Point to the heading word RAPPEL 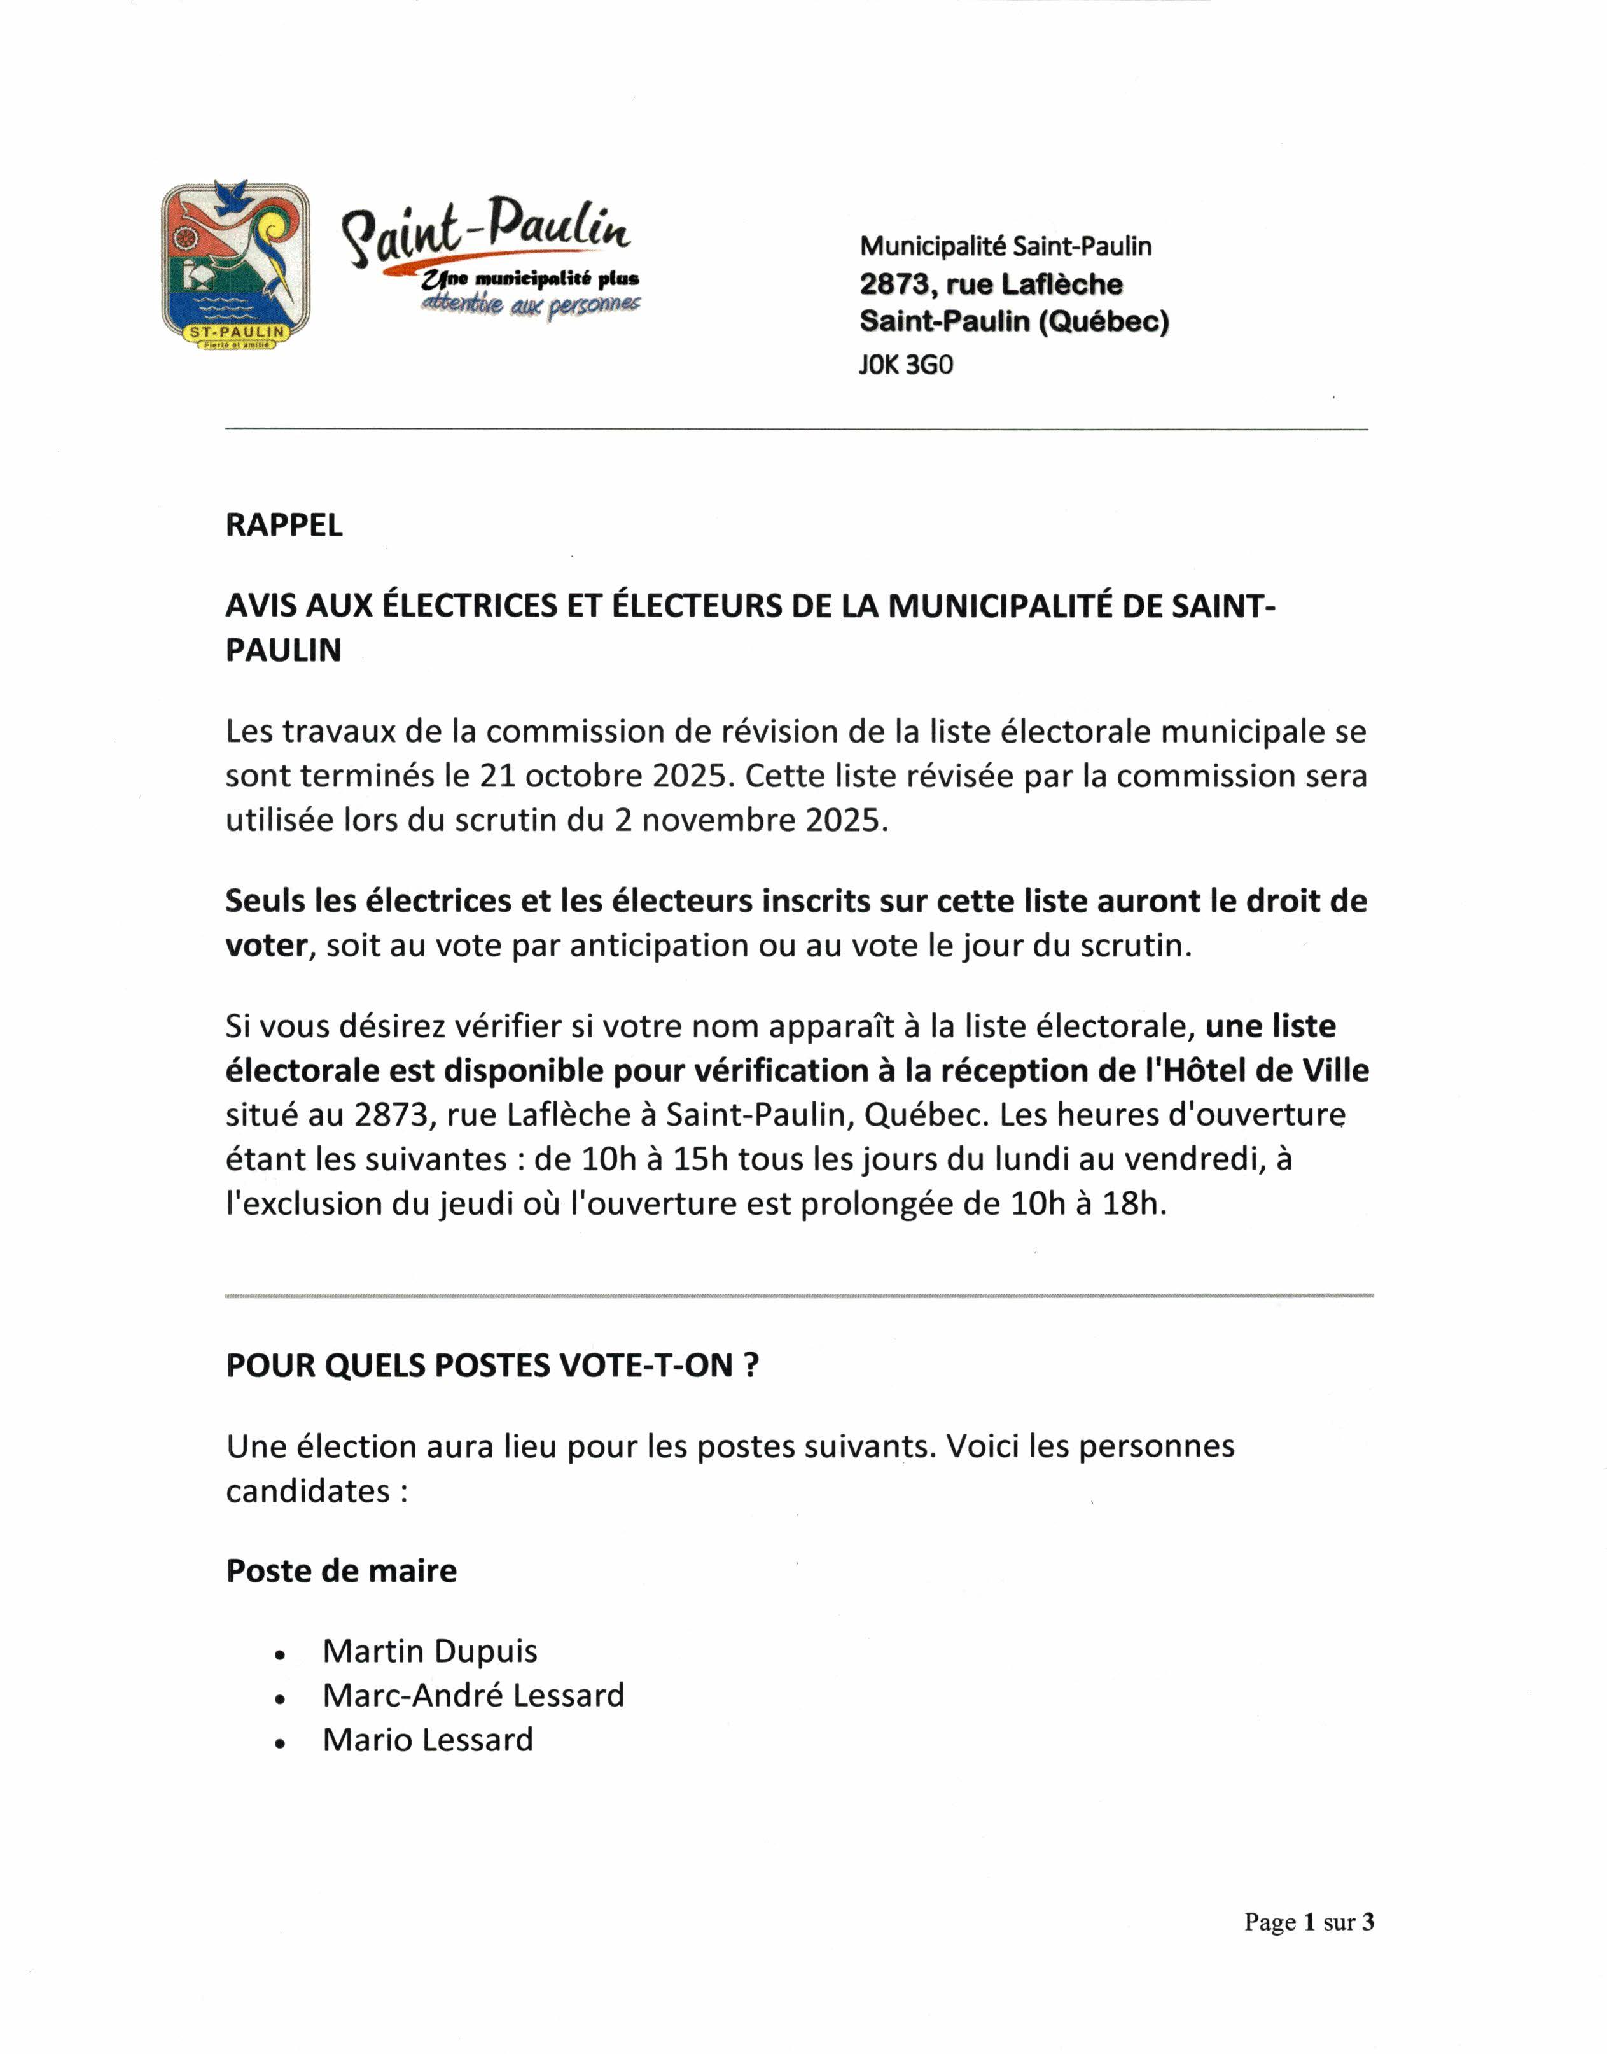284,525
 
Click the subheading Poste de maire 342,1570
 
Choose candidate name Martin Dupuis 430,1651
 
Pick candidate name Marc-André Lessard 473,1696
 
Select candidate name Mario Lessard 428,1740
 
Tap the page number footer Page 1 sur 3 1309,1922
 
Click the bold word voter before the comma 267,946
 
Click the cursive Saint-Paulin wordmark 487,230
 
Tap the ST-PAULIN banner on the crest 236,332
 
